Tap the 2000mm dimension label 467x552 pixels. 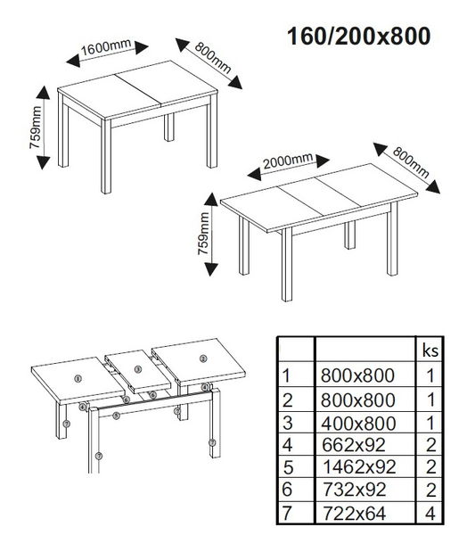click(x=289, y=161)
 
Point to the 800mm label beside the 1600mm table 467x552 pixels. click(x=211, y=59)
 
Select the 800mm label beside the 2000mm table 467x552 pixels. click(x=410, y=161)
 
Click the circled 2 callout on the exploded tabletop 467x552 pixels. click(x=203, y=358)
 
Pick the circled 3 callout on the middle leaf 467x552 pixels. click(x=138, y=369)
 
